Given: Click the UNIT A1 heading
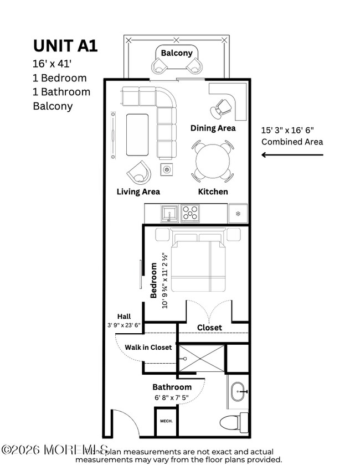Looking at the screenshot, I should (65, 45).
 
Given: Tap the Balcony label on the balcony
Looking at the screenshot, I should (177, 53).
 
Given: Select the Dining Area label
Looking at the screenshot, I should (213, 128).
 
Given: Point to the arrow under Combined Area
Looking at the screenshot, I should (292, 155).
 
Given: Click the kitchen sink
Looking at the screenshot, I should (169, 213).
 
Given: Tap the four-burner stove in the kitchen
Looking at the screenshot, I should (190, 213).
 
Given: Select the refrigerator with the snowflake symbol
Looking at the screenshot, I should (238, 213).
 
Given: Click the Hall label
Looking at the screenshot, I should (124, 317).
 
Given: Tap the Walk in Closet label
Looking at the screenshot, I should (148, 348).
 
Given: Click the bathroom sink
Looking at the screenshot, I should (239, 392).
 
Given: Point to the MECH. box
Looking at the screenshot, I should (166, 421).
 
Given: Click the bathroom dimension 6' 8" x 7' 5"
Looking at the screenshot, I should (172, 397).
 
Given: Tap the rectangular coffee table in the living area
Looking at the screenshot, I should (137, 134).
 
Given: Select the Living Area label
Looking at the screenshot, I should (138, 191).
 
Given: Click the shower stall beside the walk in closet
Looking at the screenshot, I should (202, 358).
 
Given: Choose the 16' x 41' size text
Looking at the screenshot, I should (57, 64).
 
